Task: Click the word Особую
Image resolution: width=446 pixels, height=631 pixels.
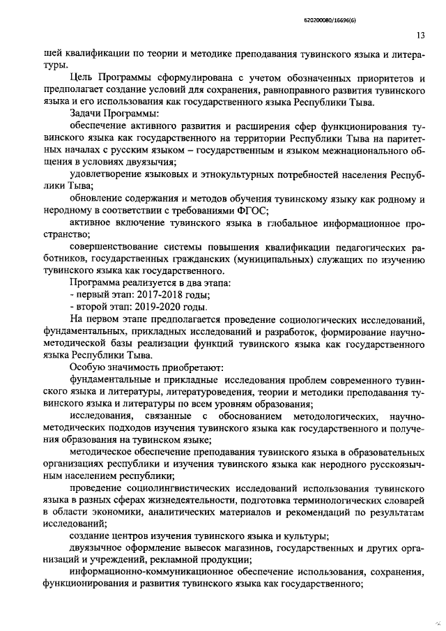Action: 90,366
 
